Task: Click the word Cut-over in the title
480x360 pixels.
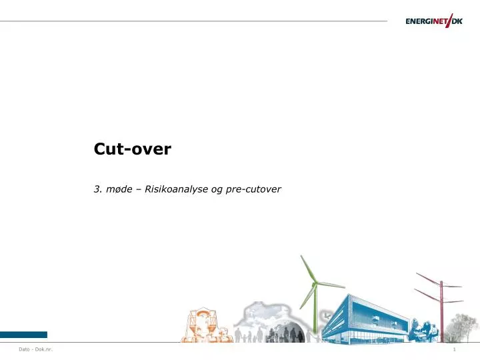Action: (132, 149)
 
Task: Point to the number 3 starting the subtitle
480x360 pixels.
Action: (96, 189)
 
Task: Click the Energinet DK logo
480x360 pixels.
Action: (433, 21)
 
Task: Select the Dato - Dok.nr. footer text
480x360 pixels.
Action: (36, 350)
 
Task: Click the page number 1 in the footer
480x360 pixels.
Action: (453, 350)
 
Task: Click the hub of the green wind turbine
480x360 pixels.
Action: (314, 283)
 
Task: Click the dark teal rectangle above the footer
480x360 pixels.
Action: (23, 335)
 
